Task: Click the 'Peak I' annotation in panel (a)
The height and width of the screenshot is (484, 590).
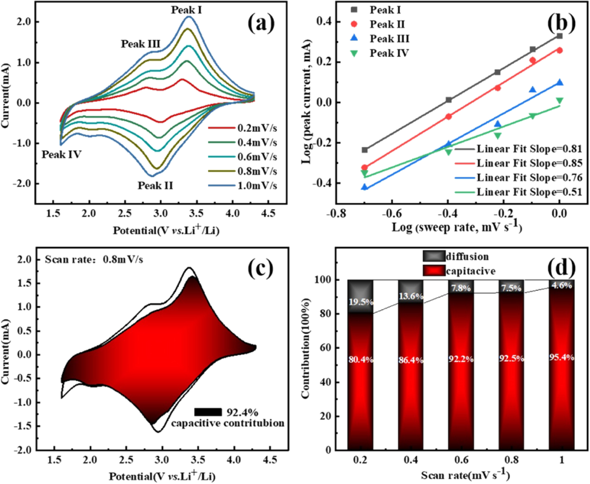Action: [x=186, y=10]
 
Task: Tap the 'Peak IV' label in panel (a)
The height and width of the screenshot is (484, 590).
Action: [x=61, y=155]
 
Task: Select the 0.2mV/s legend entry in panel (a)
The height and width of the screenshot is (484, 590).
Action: [x=257, y=128]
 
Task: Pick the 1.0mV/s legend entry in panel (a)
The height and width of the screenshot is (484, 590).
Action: [x=257, y=186]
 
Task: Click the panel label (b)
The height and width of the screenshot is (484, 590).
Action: [x=561, y=23]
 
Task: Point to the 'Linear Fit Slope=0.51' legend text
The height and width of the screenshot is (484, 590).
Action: [x=529, y=192]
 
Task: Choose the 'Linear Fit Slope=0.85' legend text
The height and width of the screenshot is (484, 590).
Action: [x=529, y=163]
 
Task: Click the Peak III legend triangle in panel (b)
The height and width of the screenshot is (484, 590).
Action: [x=354, y=38]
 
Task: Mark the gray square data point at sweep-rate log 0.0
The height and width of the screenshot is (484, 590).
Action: [x=560, y=36]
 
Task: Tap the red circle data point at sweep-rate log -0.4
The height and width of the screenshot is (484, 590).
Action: [x=449, y=116]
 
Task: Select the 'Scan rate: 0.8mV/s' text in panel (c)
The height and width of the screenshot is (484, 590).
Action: [x=94, y=260]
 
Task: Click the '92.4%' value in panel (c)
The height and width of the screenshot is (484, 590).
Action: [x=242, y=412]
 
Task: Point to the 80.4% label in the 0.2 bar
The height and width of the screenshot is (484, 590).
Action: [x=360, y=359]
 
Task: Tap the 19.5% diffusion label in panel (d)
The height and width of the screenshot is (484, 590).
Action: [x=361, y=302]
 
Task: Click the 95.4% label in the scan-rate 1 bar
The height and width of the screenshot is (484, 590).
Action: [x=561, y=357]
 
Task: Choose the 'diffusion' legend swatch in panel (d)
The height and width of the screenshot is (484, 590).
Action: [x=434, y=256]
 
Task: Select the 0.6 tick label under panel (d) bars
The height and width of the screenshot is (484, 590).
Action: [x=461, y=460]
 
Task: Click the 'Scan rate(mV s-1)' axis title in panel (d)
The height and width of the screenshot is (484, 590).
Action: [x=465, y=475]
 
